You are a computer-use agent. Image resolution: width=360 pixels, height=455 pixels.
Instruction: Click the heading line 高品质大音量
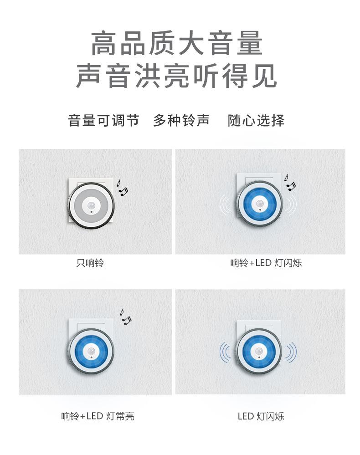point(177,44)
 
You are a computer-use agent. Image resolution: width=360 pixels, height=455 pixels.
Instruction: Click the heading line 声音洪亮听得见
point(177,76)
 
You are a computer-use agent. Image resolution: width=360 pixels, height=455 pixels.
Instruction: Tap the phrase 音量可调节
point(103,121)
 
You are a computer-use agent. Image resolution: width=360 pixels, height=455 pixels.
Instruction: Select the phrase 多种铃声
point(181,121)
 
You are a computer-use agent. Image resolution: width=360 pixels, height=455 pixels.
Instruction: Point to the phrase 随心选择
point(256,121)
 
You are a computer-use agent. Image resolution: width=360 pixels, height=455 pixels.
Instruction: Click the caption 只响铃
point(90,263)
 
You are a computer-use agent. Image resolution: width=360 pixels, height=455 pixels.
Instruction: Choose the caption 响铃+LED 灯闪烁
point(266,263)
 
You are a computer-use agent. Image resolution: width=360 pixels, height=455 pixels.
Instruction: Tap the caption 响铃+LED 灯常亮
point(98,416)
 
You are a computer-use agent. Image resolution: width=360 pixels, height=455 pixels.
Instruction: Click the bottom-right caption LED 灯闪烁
point(261,416)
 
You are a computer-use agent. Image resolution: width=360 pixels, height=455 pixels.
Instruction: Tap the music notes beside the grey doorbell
point(122,187)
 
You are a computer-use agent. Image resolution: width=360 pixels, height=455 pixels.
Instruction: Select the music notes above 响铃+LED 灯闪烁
point(290,182)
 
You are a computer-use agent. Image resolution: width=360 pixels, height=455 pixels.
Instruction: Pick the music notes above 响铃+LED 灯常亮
point(125,316)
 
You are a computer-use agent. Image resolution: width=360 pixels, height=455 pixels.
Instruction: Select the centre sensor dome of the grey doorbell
point(92,205)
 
